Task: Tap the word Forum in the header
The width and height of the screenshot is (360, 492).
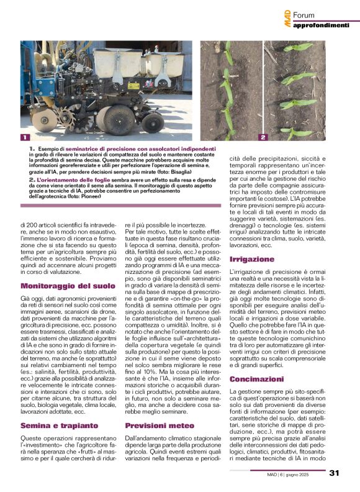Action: click(305, 14)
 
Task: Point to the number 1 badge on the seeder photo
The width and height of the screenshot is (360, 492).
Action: click(24, 137)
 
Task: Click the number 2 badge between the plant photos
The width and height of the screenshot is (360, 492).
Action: click(263, 137)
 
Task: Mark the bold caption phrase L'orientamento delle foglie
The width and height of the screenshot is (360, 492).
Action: click(67, 180)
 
